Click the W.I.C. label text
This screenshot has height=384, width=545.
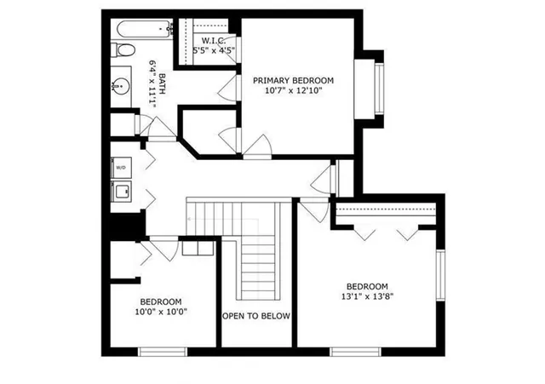(213, 40)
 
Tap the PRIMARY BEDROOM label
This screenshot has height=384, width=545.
(294, 80)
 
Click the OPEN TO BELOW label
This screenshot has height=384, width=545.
(256, 316)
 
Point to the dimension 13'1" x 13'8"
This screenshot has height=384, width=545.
(367, 297)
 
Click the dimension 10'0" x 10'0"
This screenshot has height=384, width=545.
(161, 312)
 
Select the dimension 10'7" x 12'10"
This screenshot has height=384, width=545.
(294, 91)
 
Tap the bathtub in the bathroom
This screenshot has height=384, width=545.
(142, 28)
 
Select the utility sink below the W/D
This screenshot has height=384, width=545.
(121, 192)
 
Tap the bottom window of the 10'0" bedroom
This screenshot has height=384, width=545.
(162, 351)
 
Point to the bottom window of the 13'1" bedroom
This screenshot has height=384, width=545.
(355, 351)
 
